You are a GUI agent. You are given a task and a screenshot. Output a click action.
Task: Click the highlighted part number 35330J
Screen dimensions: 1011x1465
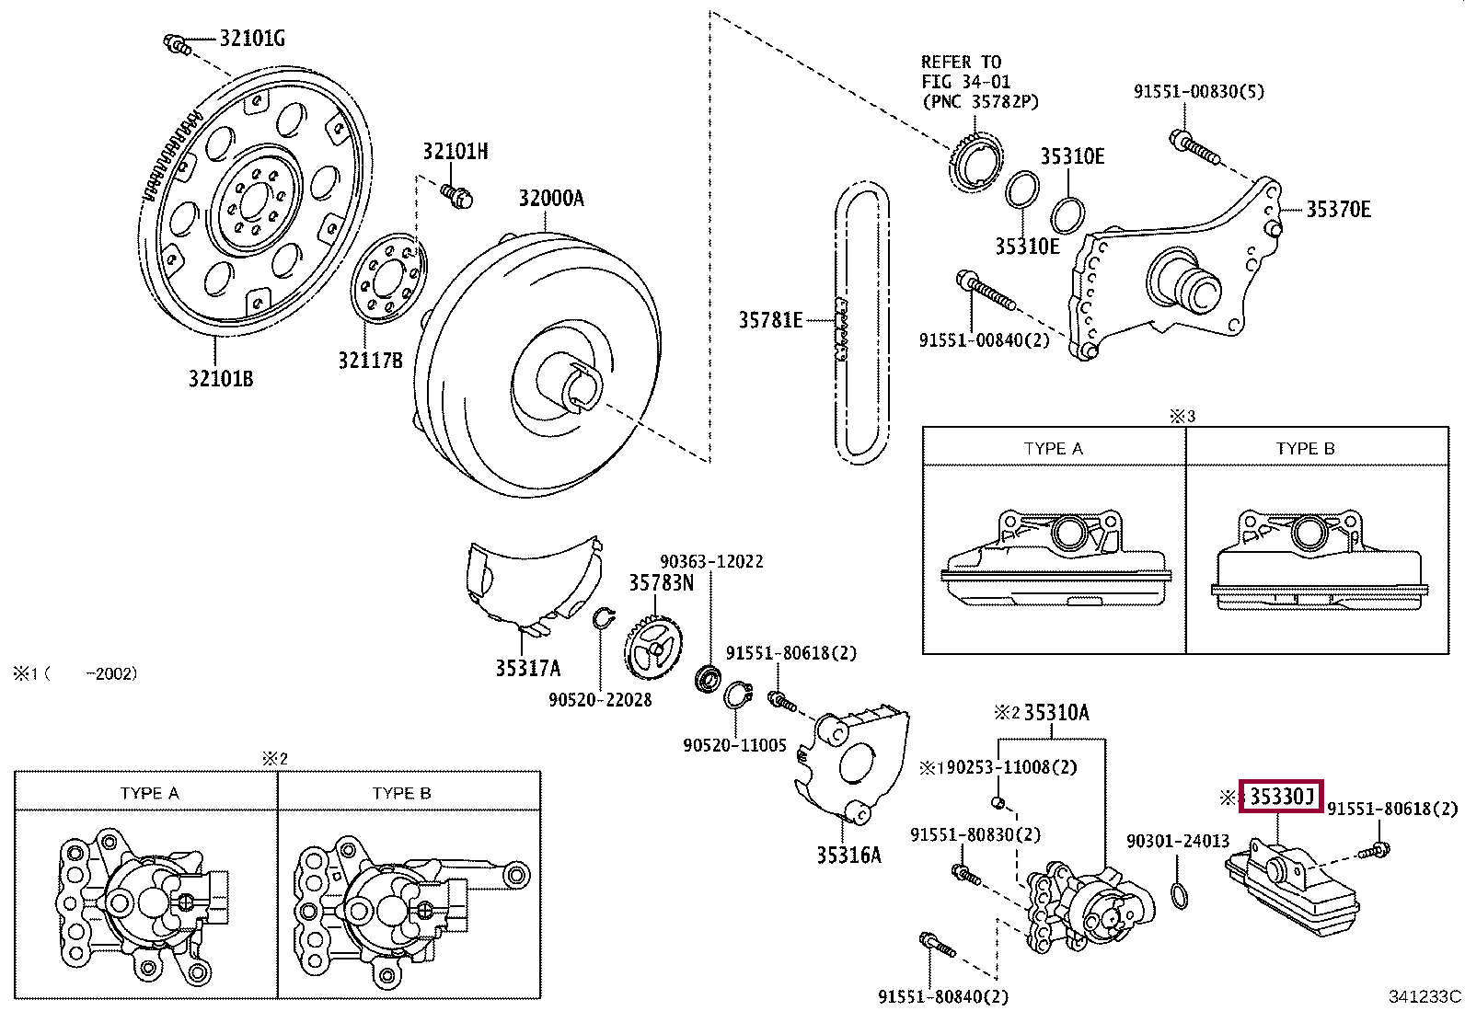click(1281, 797)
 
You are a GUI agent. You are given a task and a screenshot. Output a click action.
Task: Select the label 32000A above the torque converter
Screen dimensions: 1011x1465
click(550, 199)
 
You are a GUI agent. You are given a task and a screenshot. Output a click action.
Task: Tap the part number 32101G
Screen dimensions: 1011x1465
click(251, 39)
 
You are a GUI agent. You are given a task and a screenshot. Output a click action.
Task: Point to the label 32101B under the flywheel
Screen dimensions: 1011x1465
click(221, 379)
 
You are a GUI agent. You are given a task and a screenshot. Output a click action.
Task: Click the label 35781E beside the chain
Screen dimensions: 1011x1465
click(770, 320)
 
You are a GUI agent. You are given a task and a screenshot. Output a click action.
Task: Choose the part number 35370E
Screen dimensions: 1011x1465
click(1338, 210)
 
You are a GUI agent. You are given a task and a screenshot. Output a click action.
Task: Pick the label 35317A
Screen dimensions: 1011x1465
click(527, 669)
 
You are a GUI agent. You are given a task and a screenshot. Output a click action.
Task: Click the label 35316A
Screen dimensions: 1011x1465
click(848, 856)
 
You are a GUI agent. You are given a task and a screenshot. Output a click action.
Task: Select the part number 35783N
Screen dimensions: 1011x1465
click(661, 583)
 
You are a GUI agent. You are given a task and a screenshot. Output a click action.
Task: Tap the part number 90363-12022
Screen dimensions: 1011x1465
click(711, 561)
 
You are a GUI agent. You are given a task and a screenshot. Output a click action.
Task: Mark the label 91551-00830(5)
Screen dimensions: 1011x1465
click(1198, 91)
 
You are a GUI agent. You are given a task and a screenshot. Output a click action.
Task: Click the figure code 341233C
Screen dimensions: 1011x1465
click(1425, 996)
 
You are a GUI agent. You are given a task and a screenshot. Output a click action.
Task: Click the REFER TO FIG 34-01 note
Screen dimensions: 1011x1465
click(979, 82)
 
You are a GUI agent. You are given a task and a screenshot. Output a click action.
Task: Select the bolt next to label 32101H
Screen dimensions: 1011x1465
click(456, 194)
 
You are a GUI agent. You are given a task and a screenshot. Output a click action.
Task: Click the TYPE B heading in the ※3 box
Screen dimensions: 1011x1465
click(1304, 449)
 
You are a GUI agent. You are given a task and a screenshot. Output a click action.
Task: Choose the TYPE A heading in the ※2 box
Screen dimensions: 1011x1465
click(149, 793)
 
